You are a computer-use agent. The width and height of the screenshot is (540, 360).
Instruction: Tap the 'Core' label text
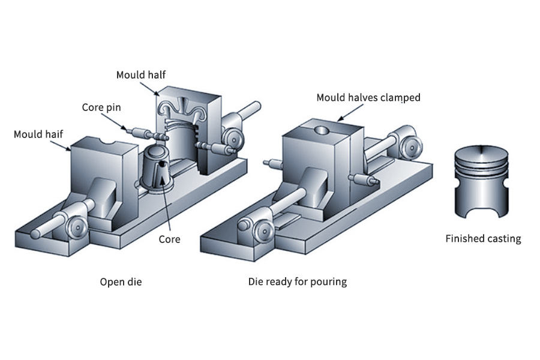click(x=169, y=239)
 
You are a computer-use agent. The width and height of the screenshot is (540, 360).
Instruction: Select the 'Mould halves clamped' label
click(x=368, y=97)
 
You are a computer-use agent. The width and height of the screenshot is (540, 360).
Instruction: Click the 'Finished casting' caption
click(x=483, y=239)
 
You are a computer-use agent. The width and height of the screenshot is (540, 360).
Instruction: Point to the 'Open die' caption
click(x=121, y=281)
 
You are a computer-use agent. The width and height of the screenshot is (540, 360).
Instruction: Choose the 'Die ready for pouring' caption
click(x=298, y=281)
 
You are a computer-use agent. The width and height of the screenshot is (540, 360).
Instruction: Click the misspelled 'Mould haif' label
click(x=38, y=134)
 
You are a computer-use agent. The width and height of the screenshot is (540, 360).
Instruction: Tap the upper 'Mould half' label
click(x=140, y=75)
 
